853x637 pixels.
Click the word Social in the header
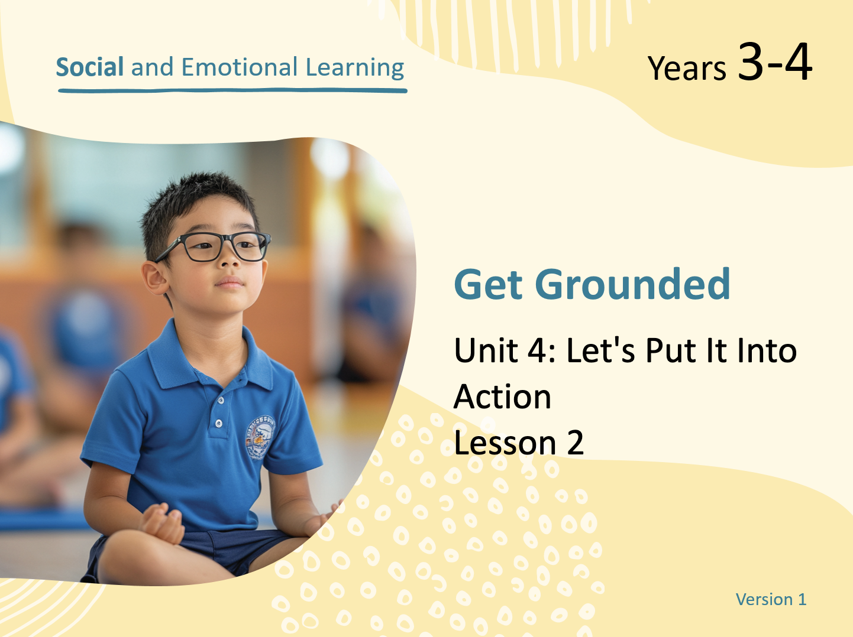[x=90, y=67]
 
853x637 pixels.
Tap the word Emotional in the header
[x=240, y=67]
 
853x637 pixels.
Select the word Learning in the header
[x=355, y=68]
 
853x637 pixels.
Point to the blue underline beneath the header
[x=232, y=91]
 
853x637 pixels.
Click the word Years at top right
[x=687, y=69]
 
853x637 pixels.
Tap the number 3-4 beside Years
[x=774, y=62]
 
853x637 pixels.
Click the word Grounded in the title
[x=633, y=285]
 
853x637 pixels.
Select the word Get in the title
[x=488, y=285]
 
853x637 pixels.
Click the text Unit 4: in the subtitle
[x=506, y=350]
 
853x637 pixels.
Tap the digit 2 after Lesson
[x=576, y=443]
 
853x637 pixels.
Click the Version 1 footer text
[x=771, y=599]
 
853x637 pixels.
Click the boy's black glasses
[x=213, y=246]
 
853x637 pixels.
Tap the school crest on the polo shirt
[x=260, y=437]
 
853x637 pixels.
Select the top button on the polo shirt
[x=221, y=401]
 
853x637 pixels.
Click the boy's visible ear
[x=156, y=278]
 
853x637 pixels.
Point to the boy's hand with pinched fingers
[x=163, y=522]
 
